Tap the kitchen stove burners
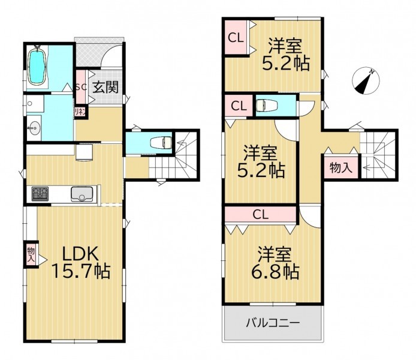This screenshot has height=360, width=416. pyautogui.click(x=40, y=194)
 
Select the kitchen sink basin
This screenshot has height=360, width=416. pyautogui.click(x=82, y=194)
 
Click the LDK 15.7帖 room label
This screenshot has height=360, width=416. pyautogui.click(x=81, y=262)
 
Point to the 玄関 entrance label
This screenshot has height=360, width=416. pyautogui.click(x=105, y=87)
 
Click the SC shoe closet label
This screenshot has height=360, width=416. pyautogui.click(x=81, y=88)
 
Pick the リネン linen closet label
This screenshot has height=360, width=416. pyautogui.click(x=80, y=112)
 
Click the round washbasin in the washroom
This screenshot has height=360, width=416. pyautogui.click(x=34, y=129)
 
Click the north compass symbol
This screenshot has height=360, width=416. pyautogui.click(x=366, y=81)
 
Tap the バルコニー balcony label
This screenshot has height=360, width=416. pyautogui.click(x=273, y=323)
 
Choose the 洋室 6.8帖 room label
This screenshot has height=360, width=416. pyautogui.click(x=275, y=263)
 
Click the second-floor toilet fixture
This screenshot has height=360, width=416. pyautogui.click(x=267, y=106)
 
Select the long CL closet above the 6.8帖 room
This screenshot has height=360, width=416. pyautogui.click(x=261, y=214)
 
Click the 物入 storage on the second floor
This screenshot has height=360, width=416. pyautogui.click(x=341, y=167)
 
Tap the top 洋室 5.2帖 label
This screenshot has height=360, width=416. pyautogui.click(x=286, y=55)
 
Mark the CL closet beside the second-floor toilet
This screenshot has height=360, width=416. pyautogui.click(x=239, y=106)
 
